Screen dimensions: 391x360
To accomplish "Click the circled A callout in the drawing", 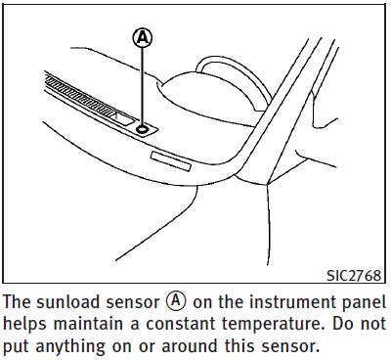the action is [x=143, y=38].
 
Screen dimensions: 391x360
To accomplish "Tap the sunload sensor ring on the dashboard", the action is [x=143, y=129].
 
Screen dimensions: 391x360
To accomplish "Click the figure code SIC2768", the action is [x=354, y=276].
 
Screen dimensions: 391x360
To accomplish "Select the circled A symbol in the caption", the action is [x=176, y=301].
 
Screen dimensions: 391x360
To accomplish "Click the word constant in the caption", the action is [x=181, y=324].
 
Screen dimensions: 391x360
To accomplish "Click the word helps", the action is [x=26, y=325].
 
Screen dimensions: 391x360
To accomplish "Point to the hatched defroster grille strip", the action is [x=81, y=97].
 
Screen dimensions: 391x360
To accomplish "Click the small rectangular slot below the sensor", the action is [x=171, y=161].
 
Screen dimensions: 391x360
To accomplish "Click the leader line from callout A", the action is [x=142, y=87].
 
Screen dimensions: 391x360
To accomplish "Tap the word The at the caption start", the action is [x=18, y=302].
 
